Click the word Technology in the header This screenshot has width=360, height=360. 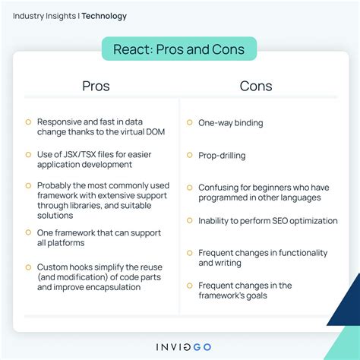[104, 16]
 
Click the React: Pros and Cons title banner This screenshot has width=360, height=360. [179, 50]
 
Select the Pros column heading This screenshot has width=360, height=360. [96, 86]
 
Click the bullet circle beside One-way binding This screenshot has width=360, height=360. [188, 122]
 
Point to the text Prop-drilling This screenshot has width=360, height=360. [222, 156]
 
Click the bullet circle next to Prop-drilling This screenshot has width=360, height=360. [188, 156]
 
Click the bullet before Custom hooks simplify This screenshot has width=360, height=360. [28, 267]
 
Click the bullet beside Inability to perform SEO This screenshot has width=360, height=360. [188, 220]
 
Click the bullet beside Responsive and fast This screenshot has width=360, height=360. [28, 122]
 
